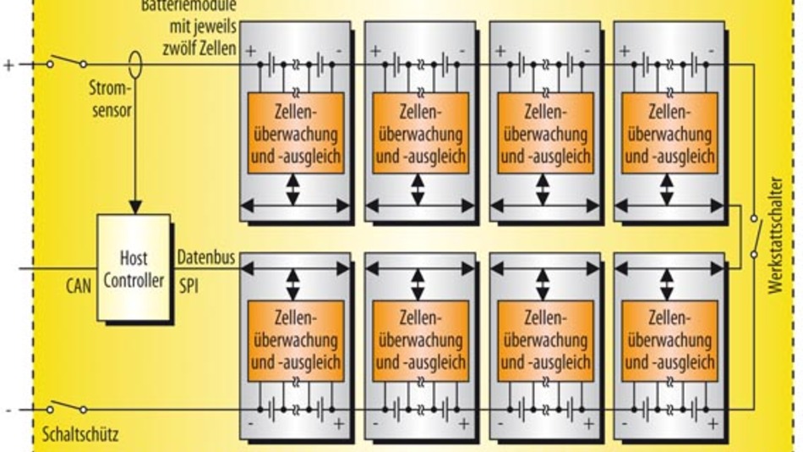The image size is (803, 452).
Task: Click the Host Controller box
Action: [134, 267]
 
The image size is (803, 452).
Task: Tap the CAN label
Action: [78, 286]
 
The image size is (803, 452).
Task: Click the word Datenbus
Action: [206, 256]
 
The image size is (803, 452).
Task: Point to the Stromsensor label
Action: [111, 98]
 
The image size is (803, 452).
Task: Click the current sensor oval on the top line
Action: [134, 63]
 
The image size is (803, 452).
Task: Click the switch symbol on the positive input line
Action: [68, 63]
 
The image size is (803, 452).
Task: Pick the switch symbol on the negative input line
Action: [68, 409]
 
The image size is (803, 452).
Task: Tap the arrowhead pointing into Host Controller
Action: [134, 206]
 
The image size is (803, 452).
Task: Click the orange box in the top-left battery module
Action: [294, 133]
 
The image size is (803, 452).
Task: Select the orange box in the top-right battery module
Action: [669, 133]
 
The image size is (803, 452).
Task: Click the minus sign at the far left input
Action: [8, 411]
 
